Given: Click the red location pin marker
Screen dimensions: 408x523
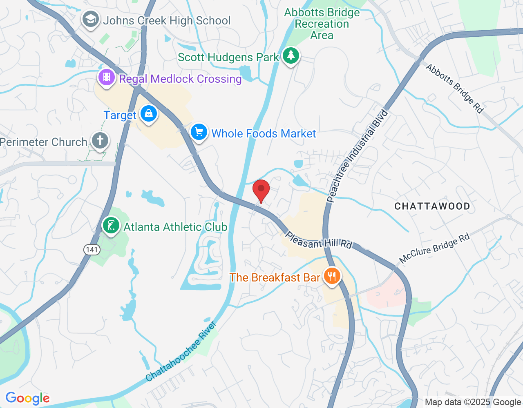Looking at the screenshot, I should coord(261,190).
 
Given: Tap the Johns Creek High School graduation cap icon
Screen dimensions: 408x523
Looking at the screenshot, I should coord(90,20).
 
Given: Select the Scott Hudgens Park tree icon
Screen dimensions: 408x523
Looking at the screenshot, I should coord(291,55).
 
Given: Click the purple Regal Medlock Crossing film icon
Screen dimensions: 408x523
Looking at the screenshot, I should coord(107,77).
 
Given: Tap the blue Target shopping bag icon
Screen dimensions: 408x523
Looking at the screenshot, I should coord(148,114).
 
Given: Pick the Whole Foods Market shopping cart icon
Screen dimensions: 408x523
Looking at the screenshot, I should coord(199,132).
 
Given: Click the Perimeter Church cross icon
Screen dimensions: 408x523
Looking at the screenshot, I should coord(100,141).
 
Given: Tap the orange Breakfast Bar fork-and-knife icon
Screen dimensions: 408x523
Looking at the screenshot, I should coord(332,276).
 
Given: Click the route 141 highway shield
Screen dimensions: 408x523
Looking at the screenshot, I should coord(92,249).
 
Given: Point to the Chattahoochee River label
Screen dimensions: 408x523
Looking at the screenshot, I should coord(181,352).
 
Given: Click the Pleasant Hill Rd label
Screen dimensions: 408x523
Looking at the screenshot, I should coord(319,241).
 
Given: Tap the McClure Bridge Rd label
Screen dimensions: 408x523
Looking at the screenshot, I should coord(434,248).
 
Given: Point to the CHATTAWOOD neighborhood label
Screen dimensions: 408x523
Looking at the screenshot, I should coord(432,206).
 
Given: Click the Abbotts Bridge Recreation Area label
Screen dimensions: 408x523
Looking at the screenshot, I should coord(322,24).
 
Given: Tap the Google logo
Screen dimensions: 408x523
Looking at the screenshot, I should coord(27,398).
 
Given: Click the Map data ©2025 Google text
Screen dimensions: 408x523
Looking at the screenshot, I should coord(473,402).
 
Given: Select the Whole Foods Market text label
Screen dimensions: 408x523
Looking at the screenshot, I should coord(264,133).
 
